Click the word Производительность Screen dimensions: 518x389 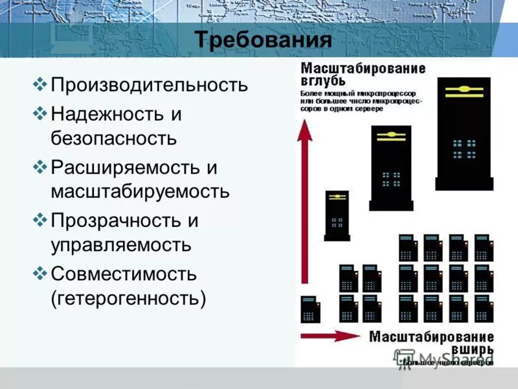[x=149, y=85]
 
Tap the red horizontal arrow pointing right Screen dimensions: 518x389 [x=330, y=336]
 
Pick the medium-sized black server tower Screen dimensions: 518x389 [x=390, y=167]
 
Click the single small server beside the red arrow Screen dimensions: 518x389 [x=308, y=309]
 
